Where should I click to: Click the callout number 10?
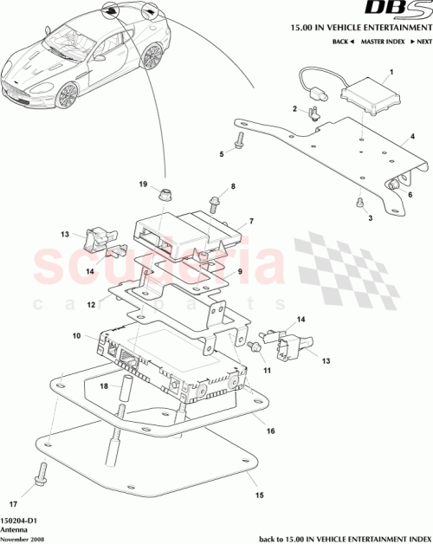pyautogui.click(x=76, y=335)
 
